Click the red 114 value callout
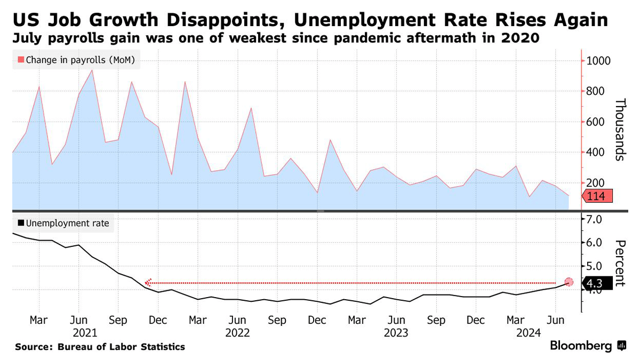click(x=597, y=197)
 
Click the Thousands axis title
click(x=620, y=130)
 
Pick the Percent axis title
click(x=620, y=263)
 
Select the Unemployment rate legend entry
click(x=63, y=223)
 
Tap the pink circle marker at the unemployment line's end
click(x=569, y=282)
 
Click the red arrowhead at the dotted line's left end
click(x=149, y=283)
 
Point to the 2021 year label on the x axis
click(x=85, y=333)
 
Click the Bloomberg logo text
click(x=581, y=346)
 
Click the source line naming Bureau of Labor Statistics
click(x=100, y=347)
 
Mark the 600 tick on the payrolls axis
click(x=597, y=122)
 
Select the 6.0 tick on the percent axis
click(x=595, y=243)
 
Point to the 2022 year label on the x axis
click(x=238, y=333)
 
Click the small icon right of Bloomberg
click(x=621, y=346)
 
